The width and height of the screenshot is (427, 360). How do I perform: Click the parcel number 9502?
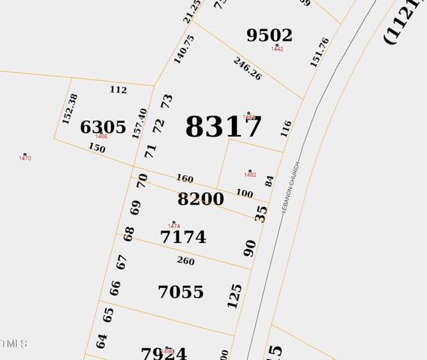coord(269,35)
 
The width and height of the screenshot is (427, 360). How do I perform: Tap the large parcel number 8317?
coord(224,127)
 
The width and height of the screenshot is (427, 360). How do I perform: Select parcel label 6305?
coord(103,127)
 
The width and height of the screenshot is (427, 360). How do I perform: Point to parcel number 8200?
coord(200,199)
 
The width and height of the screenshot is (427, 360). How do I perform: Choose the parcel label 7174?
coord(183,238)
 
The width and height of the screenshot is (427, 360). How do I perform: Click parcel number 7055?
coord(181,292)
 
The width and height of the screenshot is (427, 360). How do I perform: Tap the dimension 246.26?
coord(247,69)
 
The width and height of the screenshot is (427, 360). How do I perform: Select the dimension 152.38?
coord(70,109)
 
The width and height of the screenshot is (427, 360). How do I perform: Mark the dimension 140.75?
coord(184,49)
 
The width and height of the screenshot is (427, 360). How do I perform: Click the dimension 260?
coord(185,262)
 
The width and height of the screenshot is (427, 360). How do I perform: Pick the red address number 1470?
coord(25,158)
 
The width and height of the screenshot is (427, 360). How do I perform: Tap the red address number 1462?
coord(250,175)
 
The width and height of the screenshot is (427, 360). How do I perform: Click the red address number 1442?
coord(277,49)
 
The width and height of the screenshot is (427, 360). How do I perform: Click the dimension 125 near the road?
coord(235,296)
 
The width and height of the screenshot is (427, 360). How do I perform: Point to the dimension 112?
coord(118,90)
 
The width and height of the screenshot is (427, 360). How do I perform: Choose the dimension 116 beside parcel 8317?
coord(285,128)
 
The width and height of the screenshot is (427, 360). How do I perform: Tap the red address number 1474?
coord(174,226)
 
